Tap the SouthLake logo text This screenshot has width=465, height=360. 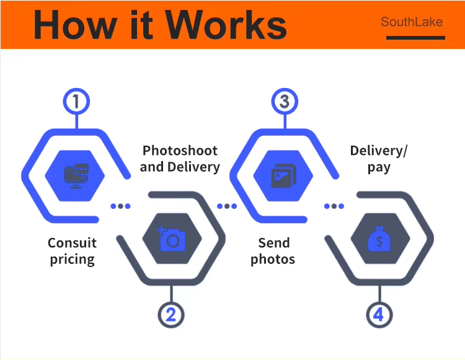click(412, 22)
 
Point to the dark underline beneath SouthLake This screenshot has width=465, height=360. click(415, 38)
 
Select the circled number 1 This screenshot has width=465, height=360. click(77, 102)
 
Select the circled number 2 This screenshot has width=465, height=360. click(171, 315)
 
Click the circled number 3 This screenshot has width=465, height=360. click(285, 102)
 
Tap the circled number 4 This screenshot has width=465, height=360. click(379, 315)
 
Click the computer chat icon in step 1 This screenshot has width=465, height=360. click(77, 176)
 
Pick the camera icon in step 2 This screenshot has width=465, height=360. click(171, 239)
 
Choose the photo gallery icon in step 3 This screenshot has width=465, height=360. click(285, 176)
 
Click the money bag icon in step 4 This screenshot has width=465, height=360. click(379, 239)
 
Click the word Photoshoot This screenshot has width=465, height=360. click(180, 151)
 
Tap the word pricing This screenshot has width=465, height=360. click(72, 258)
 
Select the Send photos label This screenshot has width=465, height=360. click(273, 250)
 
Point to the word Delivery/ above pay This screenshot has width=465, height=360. click(379, 151)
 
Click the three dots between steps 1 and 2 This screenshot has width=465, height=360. click(121, 206)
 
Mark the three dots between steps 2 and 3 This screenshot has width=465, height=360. click(227, 206)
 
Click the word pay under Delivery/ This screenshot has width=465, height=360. click(379, 167)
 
